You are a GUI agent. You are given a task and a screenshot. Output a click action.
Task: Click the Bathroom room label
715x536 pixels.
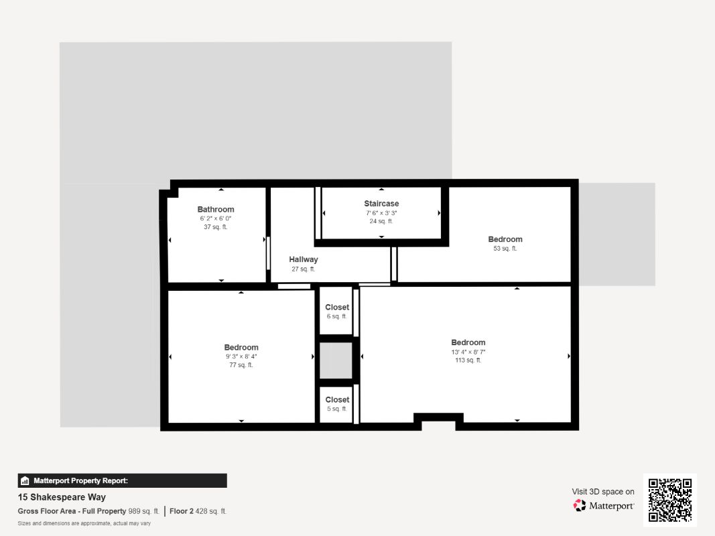[x=216, y=210]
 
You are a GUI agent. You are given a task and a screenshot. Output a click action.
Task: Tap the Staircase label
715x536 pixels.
[x=381, y=204]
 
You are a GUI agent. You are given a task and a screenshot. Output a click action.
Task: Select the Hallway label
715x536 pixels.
[x=304, y=259]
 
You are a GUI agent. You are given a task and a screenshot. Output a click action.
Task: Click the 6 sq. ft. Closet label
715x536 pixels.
[x=337, y=308]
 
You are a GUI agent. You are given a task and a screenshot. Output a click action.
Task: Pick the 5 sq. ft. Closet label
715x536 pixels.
[x=337, y=400]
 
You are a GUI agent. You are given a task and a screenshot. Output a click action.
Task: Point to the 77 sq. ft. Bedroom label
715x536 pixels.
[x=241, y=348]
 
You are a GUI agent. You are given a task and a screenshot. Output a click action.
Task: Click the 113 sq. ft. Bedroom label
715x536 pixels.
[x=468, y=342]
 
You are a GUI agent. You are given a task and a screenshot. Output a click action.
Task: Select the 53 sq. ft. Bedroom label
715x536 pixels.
[x=505, y=240]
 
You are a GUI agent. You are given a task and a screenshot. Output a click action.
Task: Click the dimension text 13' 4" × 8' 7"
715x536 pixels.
[x=468, y=352]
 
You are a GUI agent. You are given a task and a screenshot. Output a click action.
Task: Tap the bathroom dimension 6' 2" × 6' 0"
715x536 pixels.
[x=216, y=219]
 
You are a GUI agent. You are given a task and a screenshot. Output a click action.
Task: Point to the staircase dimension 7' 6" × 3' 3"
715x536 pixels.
[x=381, y=212]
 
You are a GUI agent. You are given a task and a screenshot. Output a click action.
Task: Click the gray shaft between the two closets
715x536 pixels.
[x=336, y=361]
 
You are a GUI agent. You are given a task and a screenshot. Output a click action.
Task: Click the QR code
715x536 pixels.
[x=670, y=500]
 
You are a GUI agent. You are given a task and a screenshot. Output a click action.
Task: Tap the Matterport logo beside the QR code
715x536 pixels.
[x=604, y=506]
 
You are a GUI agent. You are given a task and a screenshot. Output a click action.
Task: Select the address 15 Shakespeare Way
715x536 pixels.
[x=62, y=497]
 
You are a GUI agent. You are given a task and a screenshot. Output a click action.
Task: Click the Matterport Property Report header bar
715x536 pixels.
[x=122, y=480]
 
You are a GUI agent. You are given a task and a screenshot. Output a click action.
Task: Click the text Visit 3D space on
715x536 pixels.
[x=603, y=492]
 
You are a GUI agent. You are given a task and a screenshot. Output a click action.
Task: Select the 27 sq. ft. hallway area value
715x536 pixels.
[x=304, y=269]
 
